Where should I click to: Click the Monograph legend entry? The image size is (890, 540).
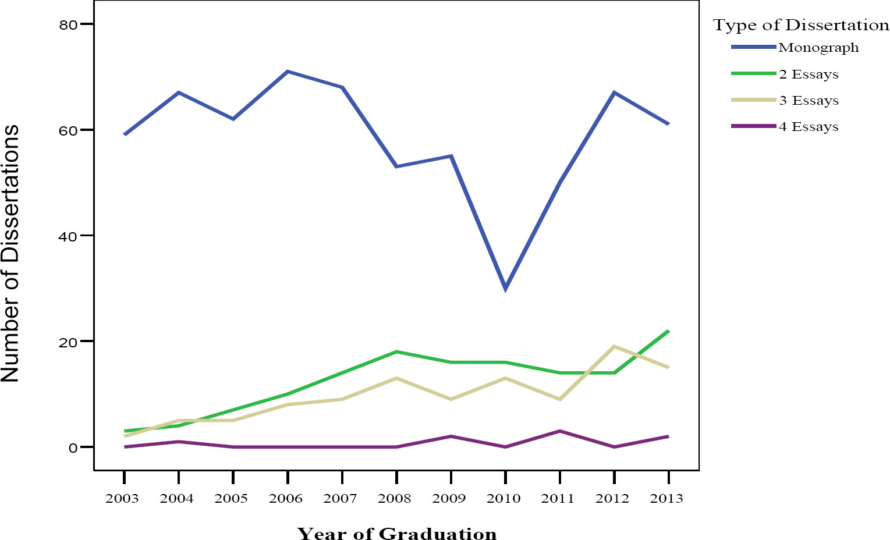click(818, 48)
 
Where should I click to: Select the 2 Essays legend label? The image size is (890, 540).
click(809, 74)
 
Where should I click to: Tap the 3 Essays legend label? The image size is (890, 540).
click(809, 101)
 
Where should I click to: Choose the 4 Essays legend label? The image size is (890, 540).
click(809, 127)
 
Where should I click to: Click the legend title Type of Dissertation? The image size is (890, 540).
click(801, 26)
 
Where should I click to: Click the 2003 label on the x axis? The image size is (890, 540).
click(123, 499)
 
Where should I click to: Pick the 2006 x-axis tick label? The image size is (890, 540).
click(286, 499)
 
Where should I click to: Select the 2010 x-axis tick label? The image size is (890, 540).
click(504, 499)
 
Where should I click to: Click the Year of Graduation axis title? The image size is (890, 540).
click(397, 534)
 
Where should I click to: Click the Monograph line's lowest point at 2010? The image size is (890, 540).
click(505, 288)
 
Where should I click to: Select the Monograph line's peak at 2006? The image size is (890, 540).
click(288, 72)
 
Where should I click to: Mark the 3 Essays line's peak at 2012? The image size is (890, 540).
click(614, 347)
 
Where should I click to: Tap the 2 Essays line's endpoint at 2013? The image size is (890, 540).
click(668, 331)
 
